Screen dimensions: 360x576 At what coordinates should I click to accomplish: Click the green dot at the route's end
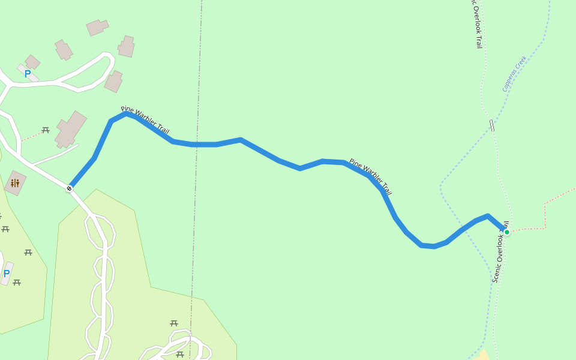tap(507, 232)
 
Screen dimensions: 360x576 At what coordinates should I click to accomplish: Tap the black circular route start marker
tap(69, 188)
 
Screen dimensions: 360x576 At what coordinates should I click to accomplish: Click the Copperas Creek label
tap(514, 74)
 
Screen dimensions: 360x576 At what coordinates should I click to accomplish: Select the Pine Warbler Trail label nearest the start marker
tap(145, 120)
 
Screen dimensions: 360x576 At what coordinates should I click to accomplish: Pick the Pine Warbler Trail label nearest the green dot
tap(370, 177)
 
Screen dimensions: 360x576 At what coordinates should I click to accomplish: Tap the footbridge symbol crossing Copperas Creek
tap(492, 125)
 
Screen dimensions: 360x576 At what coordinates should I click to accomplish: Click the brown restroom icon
tap(15, 183)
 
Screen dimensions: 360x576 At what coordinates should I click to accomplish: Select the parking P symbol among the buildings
tap(28, 74)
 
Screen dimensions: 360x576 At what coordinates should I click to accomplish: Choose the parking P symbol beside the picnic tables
tap(7, 274)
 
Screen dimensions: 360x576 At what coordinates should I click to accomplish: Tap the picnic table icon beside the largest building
tap(46, 130)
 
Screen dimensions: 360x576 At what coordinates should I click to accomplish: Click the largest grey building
tap(70, 129)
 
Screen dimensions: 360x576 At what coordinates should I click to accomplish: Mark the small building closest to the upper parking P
tap(32, 62)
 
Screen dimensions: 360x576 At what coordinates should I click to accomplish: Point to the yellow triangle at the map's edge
tap(484, 355)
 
